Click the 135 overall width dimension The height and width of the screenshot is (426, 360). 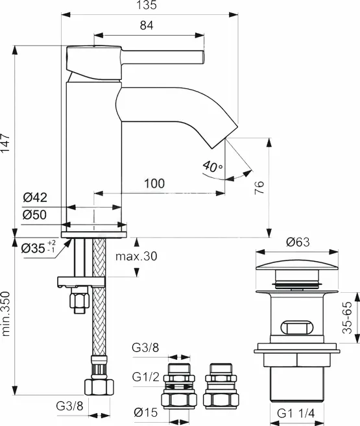click(x=147, y=5)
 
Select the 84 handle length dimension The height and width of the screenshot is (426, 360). click(x=147, y=25)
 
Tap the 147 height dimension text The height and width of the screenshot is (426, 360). click(x=5, y=143)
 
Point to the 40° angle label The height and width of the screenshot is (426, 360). click(x=213, y=166)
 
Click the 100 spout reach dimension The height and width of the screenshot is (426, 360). click(x=154, y=184)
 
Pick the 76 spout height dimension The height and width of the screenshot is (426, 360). click(x=259, y=187)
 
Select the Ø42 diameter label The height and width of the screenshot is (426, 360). click(x=35, y=197)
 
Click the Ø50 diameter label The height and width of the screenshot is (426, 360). click(x=35, y=215)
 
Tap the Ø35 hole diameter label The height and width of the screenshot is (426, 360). click(x=39, y=247)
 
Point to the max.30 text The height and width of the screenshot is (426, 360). click(x=136, y=257)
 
